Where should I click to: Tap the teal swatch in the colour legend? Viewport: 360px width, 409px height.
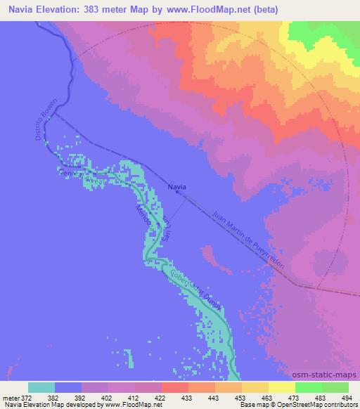pos(41,387)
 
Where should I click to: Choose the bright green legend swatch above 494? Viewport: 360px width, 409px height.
pos(335,387)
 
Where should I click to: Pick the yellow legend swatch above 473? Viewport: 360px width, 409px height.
pos(282,387)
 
